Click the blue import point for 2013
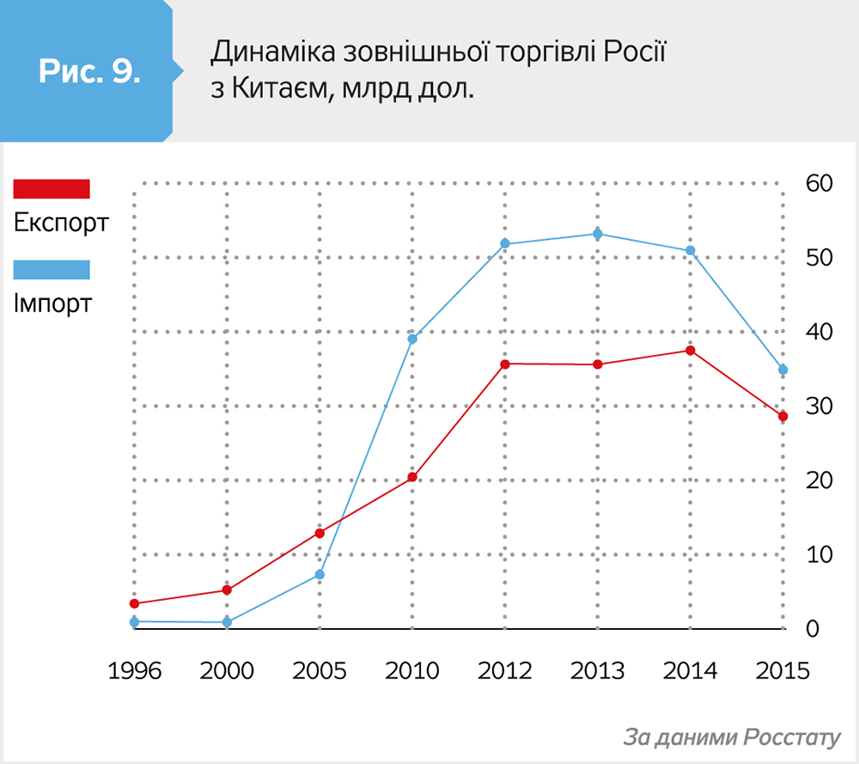(x=598, y=234)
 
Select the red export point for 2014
(x=691, y=351)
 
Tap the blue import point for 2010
(x=412, y=339)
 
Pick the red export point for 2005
(x=320, y=533)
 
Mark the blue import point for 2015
(x=783, y=370)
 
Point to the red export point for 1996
(x=135, y=603)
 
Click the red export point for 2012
(x=505, y=364)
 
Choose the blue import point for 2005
(x=320, y=574)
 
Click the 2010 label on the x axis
(x=412, y=670)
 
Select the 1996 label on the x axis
(x=135, y=670)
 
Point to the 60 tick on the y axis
(x=818, y=183)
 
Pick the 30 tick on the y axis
(x=818, y=406)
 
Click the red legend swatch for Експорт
(x=52, y=189)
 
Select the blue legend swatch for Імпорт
(x=52, y=270)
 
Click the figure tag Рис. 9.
(x=89, y=71)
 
